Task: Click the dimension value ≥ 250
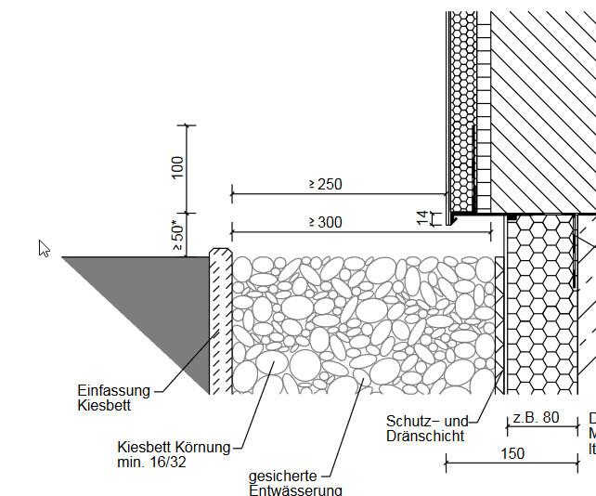(x=325, y=184)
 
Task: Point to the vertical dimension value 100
(x=177, y=167)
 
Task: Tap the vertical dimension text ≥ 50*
(x=177, y=236)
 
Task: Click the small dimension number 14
(x=422, y=218)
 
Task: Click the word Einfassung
(x=113, y=391)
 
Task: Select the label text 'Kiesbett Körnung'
(x=174, y=447)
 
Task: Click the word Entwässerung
(x=295, y=490)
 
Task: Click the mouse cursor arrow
(x=44, y=248)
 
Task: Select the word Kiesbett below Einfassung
(x=104, y=406)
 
